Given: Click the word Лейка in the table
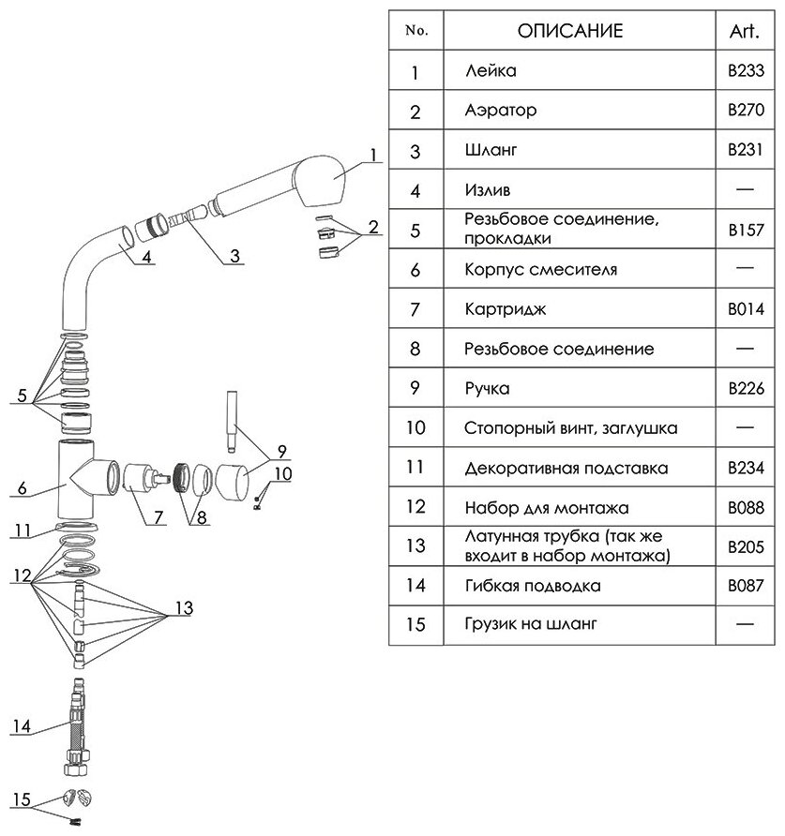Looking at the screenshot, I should (491, 71).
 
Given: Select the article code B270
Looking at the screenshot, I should (747, 111).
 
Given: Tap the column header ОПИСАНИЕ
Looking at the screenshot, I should (570, 31).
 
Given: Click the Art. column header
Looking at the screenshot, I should (747, 31).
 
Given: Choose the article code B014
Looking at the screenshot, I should (747, 309).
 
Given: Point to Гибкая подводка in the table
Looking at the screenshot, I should (533, 587).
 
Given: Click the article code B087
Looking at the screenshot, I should (747, 587).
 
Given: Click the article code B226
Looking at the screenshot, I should (747, 388).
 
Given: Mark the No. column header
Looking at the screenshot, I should (415, 31).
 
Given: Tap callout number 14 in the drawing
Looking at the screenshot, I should (21, 724).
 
